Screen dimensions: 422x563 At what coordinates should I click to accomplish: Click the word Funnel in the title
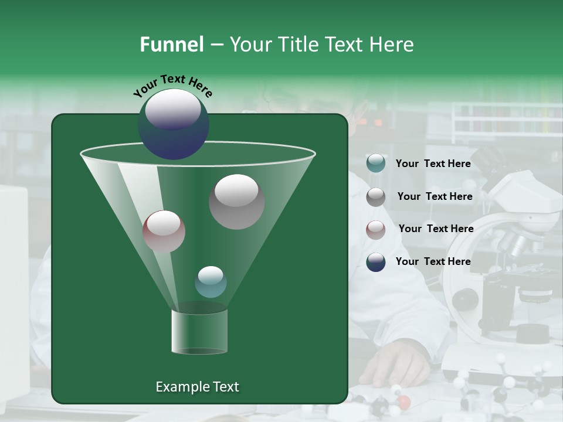coord(172,45)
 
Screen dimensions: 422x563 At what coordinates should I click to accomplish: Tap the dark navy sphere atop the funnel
coord(173,124)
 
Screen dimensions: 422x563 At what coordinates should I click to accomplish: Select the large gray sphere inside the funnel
coord(237,202)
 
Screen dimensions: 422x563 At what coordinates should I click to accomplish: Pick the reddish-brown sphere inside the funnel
coord(164,232)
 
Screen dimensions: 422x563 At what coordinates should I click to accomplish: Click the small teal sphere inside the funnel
coord(211,281)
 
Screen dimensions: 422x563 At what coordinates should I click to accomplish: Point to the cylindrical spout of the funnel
coord(199,332)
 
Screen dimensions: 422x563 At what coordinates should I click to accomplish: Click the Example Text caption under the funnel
coord(197,387)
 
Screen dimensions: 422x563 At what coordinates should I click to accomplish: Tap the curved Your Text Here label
coord(173,85)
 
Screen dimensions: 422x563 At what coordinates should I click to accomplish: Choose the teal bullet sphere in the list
coord(375,164)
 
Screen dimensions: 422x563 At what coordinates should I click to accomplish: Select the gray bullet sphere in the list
coord(375,196)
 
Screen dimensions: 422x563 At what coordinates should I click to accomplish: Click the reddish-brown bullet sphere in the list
coord(375,229)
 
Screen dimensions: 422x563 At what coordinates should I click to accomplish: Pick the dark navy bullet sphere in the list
coord(375,262)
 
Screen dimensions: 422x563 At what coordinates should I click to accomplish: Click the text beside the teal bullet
coord(433,164)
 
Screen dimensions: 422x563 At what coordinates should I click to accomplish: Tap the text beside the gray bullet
coord(435,196)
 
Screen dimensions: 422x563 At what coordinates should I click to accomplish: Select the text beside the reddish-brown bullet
coord(436,229)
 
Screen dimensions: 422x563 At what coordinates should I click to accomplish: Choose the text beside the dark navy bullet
coord(433,261)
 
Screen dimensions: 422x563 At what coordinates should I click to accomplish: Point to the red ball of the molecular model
coord(404,402)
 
